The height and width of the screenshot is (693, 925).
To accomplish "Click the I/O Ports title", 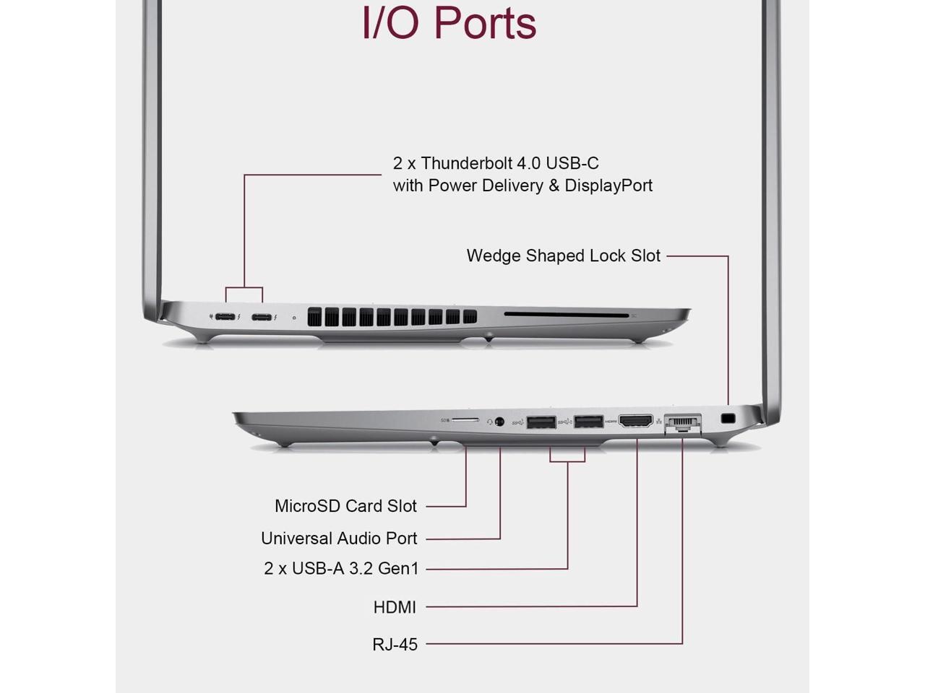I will click(x=449, y=22).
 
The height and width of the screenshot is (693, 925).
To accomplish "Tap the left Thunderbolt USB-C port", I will click(x=225, y=317).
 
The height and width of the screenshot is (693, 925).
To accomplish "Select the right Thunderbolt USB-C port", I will click(x=262, y=317).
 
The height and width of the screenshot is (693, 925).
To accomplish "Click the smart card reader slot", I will click(x=566, y=315).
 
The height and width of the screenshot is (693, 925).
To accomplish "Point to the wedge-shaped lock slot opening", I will click(x=728, y=418).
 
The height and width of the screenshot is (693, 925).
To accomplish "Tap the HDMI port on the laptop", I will click(x=636, y=421).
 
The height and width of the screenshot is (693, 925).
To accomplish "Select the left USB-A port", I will click(x=541, y=422).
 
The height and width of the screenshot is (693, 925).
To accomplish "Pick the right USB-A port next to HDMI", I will click(x=589, y=422).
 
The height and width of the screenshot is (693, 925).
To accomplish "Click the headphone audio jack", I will click(x=499, y=422).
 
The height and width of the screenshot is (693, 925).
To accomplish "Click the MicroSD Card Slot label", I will click(x=345, y=506).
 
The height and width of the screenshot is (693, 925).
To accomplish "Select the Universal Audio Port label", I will click(x=339, y=539).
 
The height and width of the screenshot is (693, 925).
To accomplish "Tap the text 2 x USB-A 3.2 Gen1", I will click(x=341, y=569).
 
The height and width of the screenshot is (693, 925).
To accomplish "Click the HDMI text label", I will click(x=395, y=608).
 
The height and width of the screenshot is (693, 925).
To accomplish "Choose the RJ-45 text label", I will click(x=395, y=645).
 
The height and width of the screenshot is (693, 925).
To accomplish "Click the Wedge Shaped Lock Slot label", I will click(x=564, y=256).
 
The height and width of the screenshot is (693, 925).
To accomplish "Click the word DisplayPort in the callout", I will click(x=608, y=186).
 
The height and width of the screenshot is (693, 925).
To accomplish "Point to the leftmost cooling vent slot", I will click(x=314, y=317).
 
